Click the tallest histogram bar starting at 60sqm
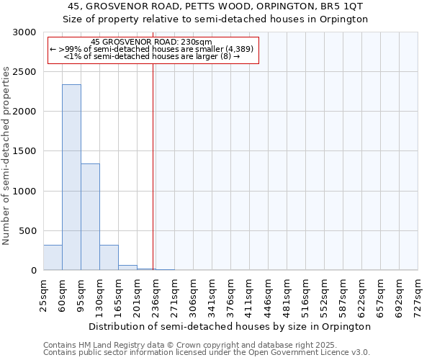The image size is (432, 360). pyautogui.click(x=71, y=177)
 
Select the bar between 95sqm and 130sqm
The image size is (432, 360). pyautogui.click(x=90, y=217)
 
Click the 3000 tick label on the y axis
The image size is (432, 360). pyautogui.click(x=24, y=33)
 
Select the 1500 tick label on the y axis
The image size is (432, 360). pyautogui.click(x=24, y=152)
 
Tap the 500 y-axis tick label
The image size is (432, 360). pyautogui.click(x=27, y=231)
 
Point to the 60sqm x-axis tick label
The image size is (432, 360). pyautogui.click(x=63, y=294)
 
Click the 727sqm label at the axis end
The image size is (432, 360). pyautogui.click(x=418, y=294)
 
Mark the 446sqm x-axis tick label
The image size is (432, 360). pyautogui.click(x=269, y=294)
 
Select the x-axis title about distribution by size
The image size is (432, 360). pyautogui.click(x=230, y=326)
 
